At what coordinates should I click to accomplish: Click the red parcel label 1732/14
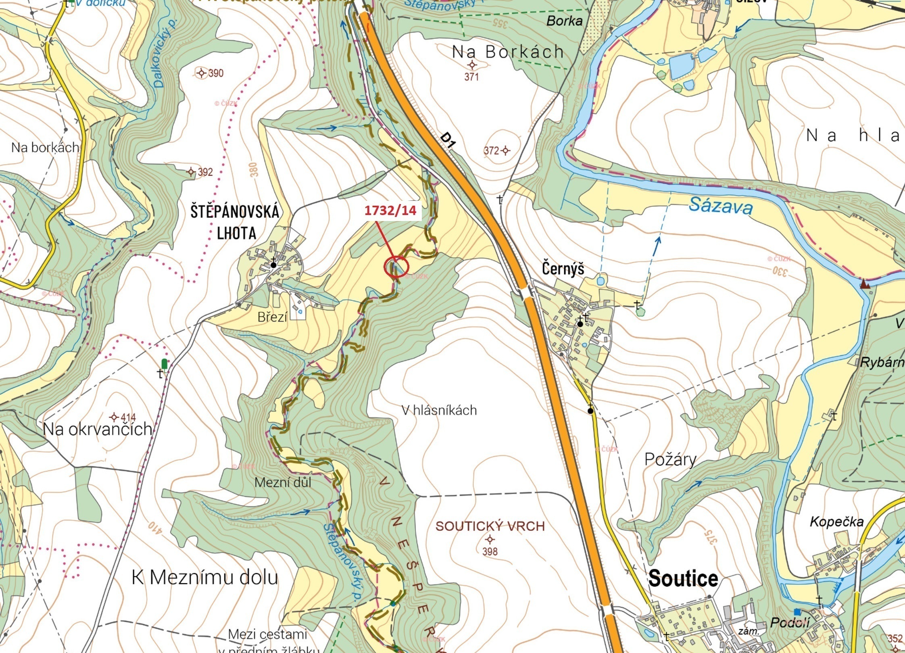(x=390, y=210)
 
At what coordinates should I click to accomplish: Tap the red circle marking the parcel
(x=396, y=267)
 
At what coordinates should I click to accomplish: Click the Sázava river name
(x=720, y=206)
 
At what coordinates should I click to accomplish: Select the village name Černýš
(x=563, y=269)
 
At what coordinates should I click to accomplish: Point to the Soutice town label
(x=683, y=578)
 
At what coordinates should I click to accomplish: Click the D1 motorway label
(x=448, y=140)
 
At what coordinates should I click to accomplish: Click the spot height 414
(x=128, y=417)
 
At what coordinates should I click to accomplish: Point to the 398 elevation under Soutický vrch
(x=490, y=551)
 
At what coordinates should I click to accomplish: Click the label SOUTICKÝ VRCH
(x=490, y=526)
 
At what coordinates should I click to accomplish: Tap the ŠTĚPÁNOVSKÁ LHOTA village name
(x=235, y=222)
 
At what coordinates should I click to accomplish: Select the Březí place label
(x=272, y=317)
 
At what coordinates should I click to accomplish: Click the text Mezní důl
(x=283, y=482)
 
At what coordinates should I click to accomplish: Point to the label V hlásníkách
(x=439, y=410)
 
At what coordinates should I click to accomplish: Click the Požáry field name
(x=670, y=459)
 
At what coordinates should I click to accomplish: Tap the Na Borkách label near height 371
(x=508, y=52)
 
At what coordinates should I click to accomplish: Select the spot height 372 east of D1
(x=492, y=150)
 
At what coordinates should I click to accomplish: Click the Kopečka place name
(x=837, y=522)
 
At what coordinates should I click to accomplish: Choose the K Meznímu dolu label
(x=205, y=578)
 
